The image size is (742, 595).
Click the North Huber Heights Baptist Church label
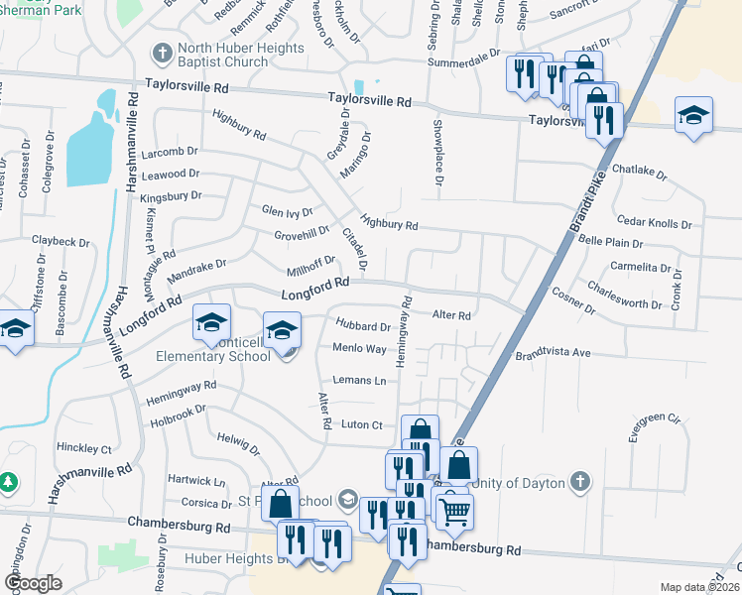(223, 55)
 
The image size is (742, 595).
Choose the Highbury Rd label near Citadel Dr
(389, 225)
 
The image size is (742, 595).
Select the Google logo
(32, 582)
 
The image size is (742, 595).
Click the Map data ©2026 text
(699, 587)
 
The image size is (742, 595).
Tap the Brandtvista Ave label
(553, 354)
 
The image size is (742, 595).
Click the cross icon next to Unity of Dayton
(580, 482)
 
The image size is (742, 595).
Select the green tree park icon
(9, 483)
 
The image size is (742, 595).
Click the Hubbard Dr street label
(363, 325)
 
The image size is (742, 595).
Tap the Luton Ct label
(361, 424)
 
